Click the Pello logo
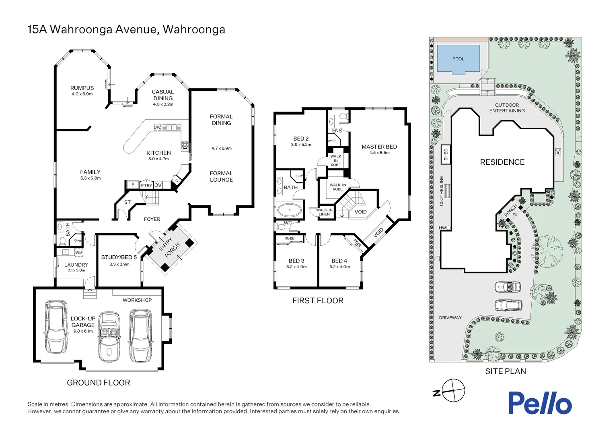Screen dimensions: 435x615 click(539, 403)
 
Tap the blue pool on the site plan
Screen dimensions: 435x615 click(458, 59)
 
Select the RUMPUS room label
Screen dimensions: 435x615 click(82, 88)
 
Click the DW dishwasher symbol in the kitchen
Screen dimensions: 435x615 click(157, 127)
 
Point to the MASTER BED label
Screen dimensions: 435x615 click(379, 147)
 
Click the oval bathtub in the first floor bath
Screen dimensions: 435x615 click(289, 210)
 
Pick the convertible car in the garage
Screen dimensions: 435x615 click(109, 336)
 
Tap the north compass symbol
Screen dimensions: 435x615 click(453, 390)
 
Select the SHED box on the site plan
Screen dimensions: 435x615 click(446, 155)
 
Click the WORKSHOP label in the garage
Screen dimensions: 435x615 click(137, 300)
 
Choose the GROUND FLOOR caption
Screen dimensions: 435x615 click(99, 383)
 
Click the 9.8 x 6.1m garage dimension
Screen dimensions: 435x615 click(83, 331)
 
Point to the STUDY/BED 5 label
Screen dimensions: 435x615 click(119, 257)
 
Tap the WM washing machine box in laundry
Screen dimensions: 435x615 click(79, 253)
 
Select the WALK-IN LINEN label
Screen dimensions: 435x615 click(324, 212)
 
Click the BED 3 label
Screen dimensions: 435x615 click(296, 261)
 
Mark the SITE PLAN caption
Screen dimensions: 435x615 click(505, 371)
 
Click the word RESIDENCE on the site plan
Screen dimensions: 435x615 click(502, 162)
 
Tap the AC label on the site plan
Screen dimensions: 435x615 click(558, 151)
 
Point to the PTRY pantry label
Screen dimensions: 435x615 click(146, 185)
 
